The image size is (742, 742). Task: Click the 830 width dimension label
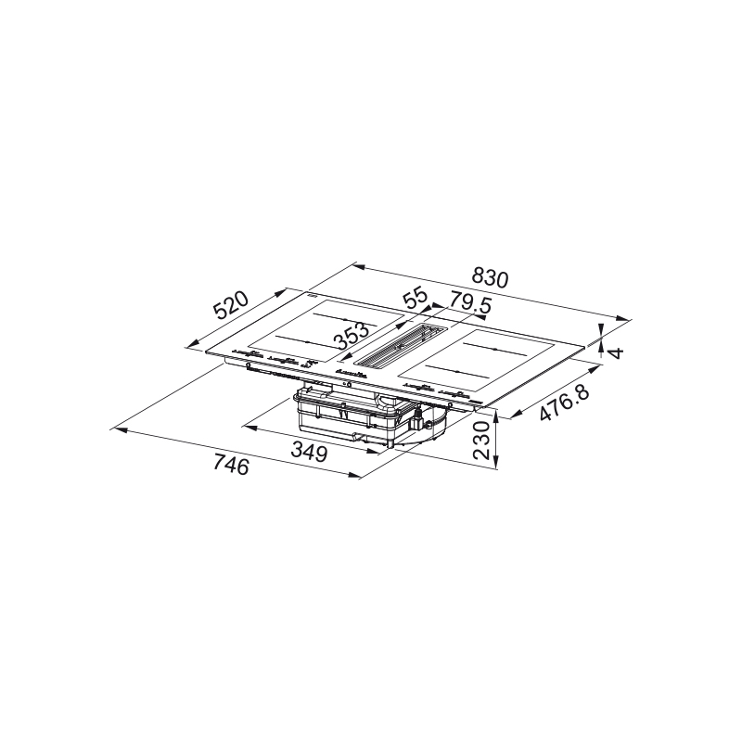(x=490, y=279)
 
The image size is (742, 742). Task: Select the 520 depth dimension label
(x=230, y=306)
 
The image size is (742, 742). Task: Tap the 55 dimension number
(x=415, y=299)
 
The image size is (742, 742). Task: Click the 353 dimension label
(x=352, y=336)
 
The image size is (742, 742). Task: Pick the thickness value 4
(x=616, y=352)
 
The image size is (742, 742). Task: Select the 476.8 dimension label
(x=565, y=403)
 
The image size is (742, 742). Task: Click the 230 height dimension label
(x=481, y=441)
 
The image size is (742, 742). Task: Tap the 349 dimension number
(x=309, y=451)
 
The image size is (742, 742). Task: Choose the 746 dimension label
(x=230, y=465)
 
